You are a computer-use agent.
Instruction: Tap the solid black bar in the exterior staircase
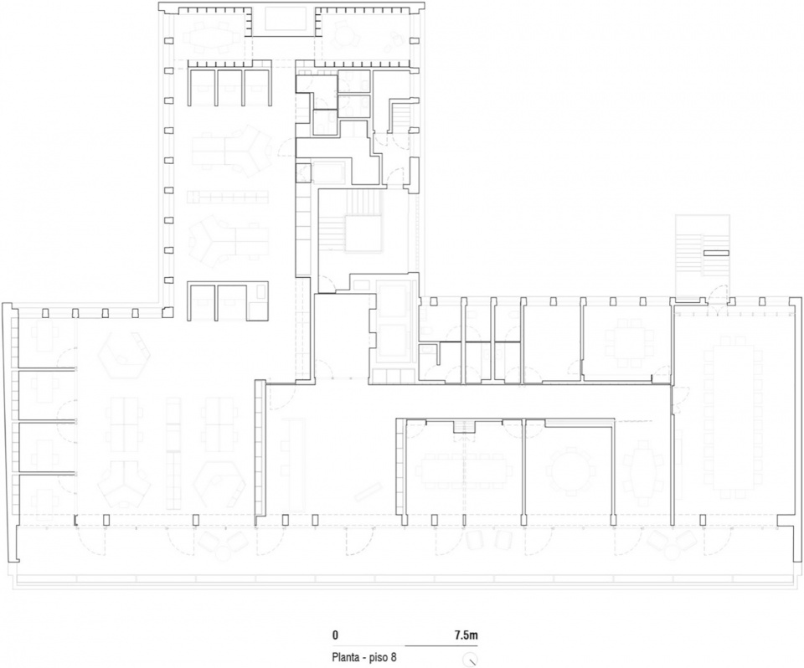pos(716,253)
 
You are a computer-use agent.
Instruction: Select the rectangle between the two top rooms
pos(284,20)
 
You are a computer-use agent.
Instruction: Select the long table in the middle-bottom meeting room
pos(466,470)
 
